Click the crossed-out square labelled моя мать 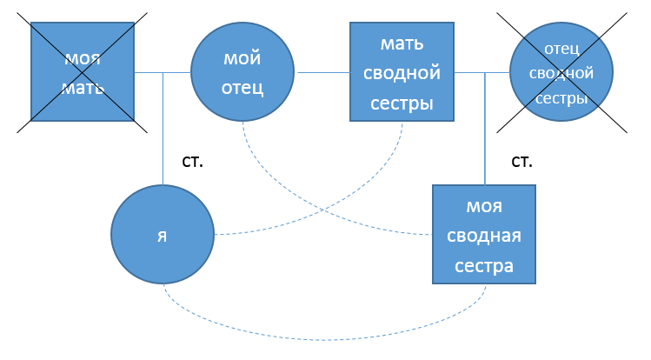[83, 72]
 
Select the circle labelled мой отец [242, 72]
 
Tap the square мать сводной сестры [403, 72]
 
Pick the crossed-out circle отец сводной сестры [562, 72]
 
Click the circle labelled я [163, 235]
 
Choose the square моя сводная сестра [485, 235]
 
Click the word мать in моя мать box [83, 88]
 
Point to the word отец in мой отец [243, 88]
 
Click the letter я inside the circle [162, 236]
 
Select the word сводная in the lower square [485, 237]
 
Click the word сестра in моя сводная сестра [485, 265]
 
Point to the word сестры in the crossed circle [561, 98]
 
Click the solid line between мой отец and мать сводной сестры [322, 73]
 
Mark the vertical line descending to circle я [163, 130]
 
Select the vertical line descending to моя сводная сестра [485, 130]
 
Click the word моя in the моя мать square [83, 59]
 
